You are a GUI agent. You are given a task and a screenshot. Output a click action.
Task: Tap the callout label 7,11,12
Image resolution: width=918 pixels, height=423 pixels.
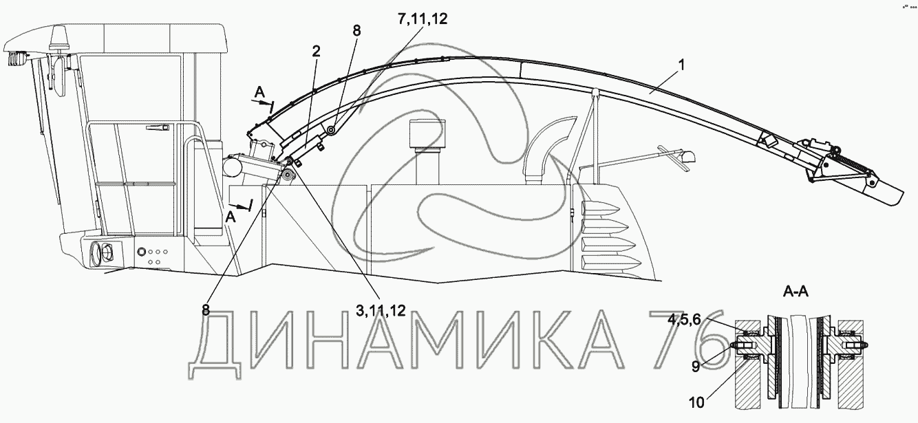click(420, 19)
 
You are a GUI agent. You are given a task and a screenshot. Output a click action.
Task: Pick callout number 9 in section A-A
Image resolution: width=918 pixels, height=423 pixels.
click(696, 367)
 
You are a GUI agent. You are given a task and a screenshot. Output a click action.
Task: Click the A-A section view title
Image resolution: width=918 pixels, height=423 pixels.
click(796, 292)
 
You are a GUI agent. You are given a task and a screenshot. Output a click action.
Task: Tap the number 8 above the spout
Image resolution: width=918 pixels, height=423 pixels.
click(356, 30)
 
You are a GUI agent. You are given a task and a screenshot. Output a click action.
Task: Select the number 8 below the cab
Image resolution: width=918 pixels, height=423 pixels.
click(205, 310)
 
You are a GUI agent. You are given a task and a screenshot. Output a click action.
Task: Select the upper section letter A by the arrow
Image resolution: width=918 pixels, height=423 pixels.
click(259, 92)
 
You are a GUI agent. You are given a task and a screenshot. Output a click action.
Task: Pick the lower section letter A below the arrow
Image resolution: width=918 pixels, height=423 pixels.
click(231, 217)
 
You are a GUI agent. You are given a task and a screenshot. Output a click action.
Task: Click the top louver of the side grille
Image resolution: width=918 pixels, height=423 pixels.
click(605, 210)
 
